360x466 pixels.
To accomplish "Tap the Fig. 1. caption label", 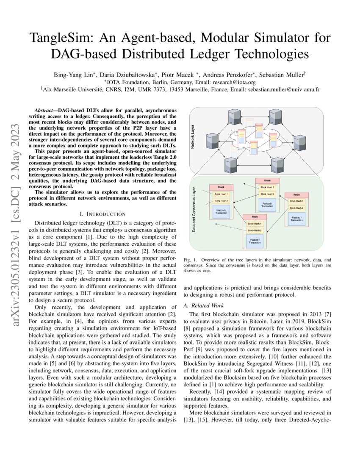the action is pos(190,259).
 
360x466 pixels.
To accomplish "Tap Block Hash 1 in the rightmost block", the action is pos(296,201).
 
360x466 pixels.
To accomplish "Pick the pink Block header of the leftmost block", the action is pos(222,187).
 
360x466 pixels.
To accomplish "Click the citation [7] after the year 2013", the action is pos(326,314).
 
